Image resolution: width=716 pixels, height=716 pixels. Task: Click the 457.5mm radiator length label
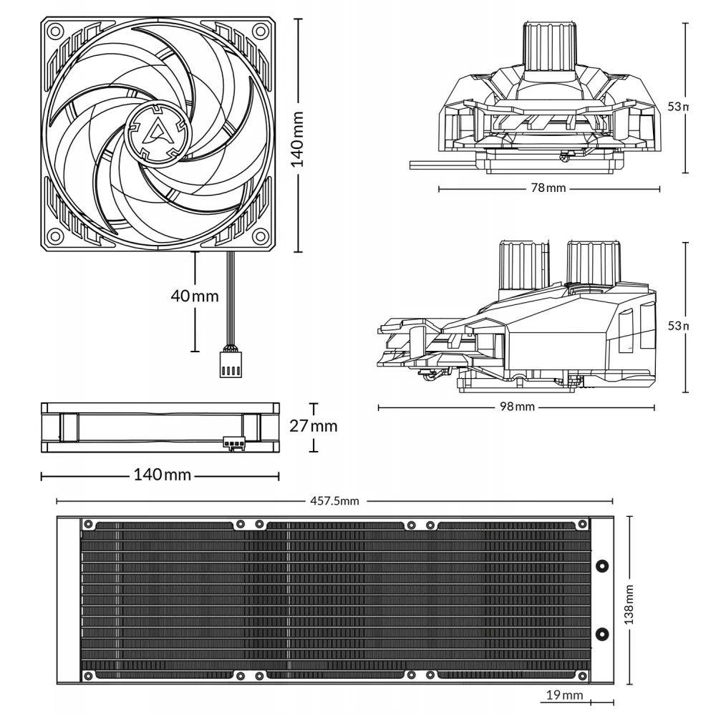click(335, 501)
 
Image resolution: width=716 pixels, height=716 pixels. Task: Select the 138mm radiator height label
click(629, 605)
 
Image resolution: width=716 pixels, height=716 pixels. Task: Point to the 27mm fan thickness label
click(313, 426)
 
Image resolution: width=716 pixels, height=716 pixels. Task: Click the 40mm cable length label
click(195, 295)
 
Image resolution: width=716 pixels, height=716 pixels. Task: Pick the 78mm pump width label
click(548, 189)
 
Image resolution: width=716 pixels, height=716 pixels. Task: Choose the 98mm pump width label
click(517, 407)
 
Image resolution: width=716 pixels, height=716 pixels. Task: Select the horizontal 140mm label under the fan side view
click(163, 475)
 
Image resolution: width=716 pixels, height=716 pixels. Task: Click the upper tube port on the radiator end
click(601, 566)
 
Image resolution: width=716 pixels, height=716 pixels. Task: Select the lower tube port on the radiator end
click(601, 633)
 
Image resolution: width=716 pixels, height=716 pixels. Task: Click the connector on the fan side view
click(233, 444)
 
